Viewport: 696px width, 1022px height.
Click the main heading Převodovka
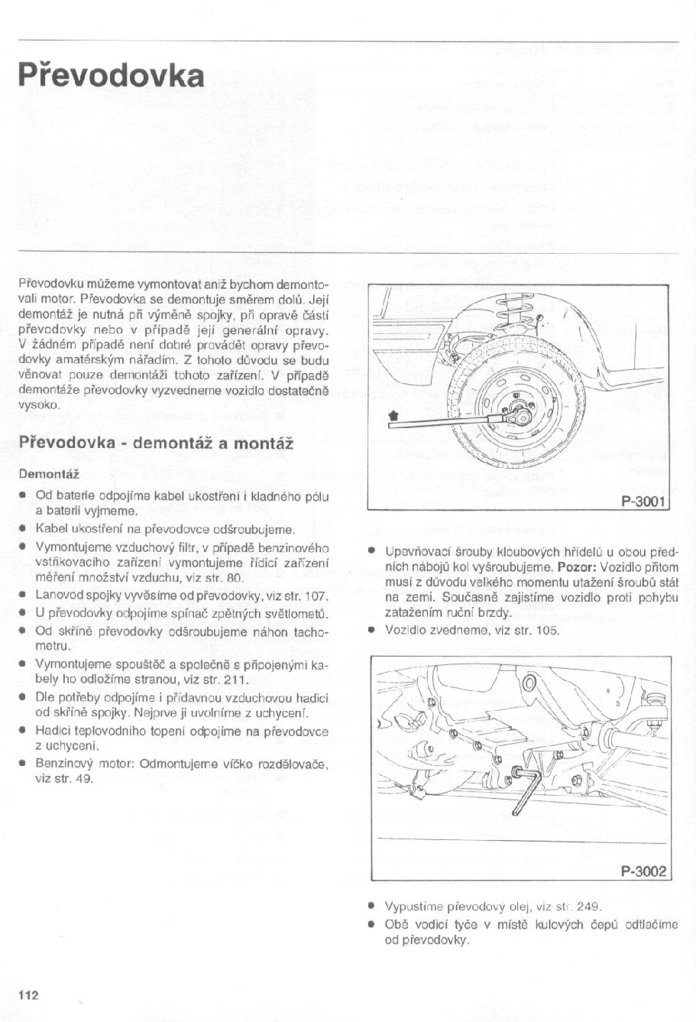[x=111, y=76]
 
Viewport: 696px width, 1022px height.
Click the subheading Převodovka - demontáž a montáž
[x=156, y=443]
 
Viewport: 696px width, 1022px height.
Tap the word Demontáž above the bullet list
[x=45, y=474]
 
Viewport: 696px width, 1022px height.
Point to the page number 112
[x=28, y=994]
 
